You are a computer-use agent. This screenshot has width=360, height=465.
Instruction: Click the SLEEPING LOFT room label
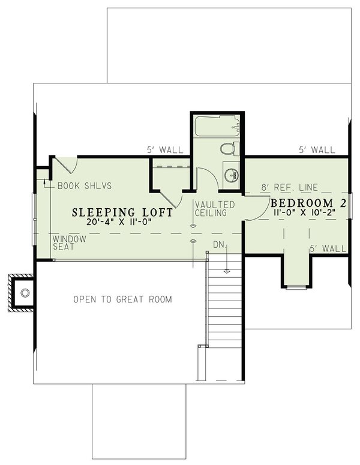coord(123,212)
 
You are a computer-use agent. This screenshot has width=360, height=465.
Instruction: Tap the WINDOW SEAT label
coord(70,242)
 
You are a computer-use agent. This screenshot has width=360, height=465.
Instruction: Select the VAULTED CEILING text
coord(214,209)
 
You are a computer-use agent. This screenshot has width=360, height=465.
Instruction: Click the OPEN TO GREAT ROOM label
coord(122,299)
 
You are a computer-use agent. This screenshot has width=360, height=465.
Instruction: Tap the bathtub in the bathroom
coord(216,126)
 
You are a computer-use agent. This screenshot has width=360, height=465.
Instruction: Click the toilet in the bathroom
coord(229,148)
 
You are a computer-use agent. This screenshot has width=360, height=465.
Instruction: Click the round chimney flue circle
coord(25,293)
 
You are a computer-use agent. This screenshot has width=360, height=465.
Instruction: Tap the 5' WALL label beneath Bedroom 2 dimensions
coord(328,248)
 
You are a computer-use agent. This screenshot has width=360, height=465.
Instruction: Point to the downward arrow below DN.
coord(227,264)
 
